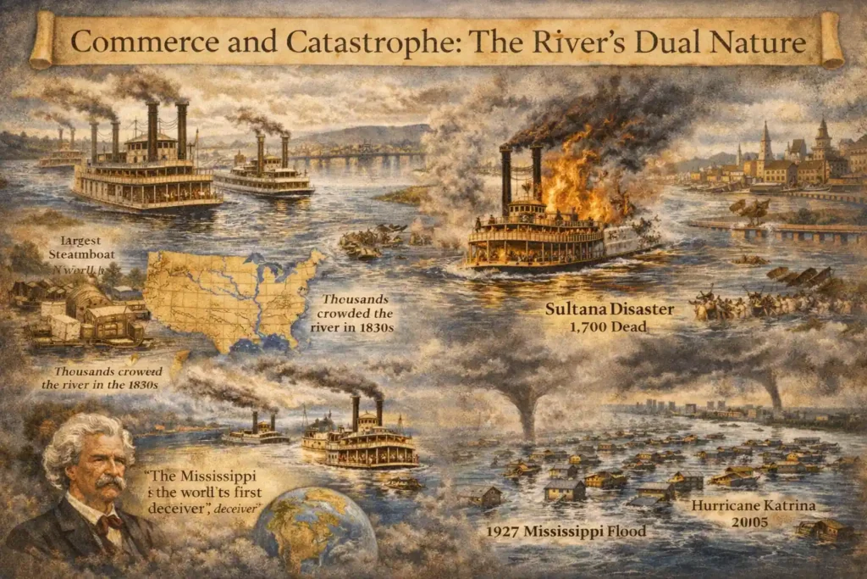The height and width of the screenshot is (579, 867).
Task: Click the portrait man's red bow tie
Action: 108,519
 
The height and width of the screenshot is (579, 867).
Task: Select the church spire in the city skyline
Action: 765,140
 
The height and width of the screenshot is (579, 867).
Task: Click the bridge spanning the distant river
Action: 356,156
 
